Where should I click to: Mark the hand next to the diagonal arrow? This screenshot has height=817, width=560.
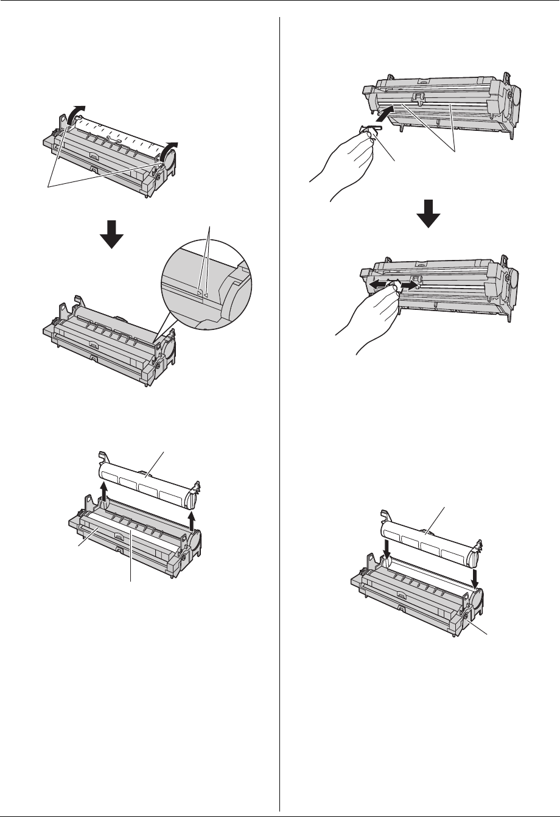347,164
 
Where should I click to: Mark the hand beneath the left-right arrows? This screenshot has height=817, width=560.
371,317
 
